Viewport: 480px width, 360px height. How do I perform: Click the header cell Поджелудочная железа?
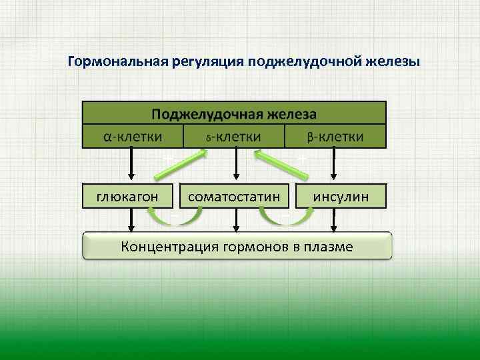pos(233,113)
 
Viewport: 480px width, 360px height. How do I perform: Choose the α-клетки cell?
pos(132,137)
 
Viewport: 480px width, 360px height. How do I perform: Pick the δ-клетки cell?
pos(233,137)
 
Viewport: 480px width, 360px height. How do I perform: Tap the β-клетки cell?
pos(335,137)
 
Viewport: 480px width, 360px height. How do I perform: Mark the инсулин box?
pos(341,196)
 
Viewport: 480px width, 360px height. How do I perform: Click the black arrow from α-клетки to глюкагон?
pos(131,164)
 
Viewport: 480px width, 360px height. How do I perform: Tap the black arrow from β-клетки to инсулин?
pos(333,164)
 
